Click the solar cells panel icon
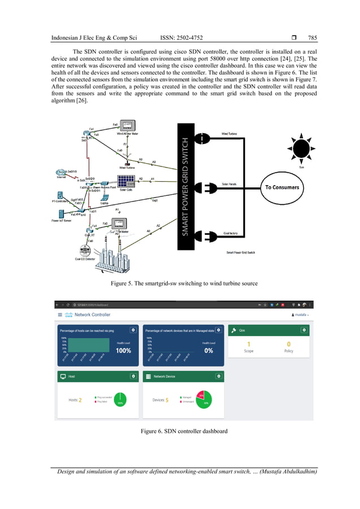point(125,182)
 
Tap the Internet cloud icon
point(60,173)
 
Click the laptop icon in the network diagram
point(104,197)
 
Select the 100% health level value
point(123,350)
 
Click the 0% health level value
point(208,350)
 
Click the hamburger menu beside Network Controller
point(60,314)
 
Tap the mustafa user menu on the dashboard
point(300,314)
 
